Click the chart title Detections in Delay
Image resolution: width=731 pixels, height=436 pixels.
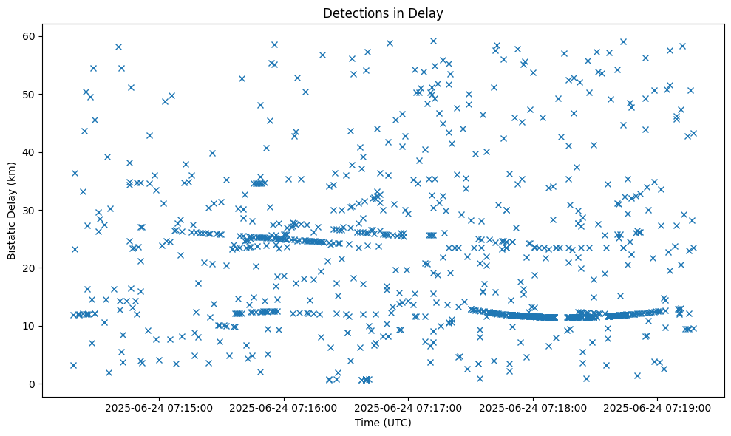coord(383,13)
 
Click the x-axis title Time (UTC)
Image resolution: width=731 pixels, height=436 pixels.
coord(383,423)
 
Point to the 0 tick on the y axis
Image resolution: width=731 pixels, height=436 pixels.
coord(33,384)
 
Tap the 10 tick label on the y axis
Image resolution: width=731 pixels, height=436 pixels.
coord(30,326)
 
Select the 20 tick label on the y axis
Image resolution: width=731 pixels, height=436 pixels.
coord(30,268)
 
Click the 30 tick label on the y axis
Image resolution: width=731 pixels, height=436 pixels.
coord(30,210)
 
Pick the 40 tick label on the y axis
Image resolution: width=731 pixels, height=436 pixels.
coord(30,152)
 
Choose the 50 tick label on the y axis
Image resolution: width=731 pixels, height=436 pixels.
coord(30,94)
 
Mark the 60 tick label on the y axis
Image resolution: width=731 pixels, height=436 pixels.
coord(30,36)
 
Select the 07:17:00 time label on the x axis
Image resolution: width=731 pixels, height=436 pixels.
coord(408,407)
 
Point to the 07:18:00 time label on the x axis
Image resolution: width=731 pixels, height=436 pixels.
coord(533,407)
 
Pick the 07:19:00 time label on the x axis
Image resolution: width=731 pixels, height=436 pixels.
coord(657,407)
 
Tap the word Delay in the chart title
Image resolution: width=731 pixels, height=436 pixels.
coord(427,13)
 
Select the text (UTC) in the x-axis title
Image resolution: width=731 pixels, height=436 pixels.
coord(396,423)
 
